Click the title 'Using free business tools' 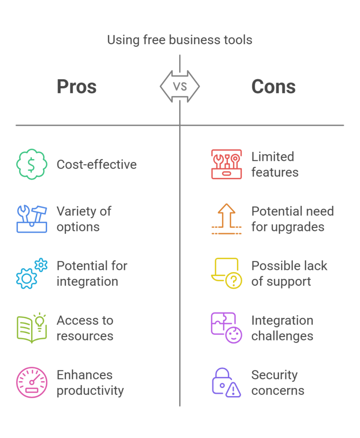click(x=180, y=40)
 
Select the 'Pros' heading click(x=77, y=87)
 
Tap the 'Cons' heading click(x=274, y=87)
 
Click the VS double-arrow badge click(x=180, y=86)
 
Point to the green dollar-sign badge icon click(x=31, y=165)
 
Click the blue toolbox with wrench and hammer click(x=31, y=219)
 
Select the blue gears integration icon click(x=31, y=274)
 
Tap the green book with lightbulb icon click(x=31, y=328)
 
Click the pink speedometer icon click(x=31, y=382)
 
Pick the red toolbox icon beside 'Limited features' click(x=226, y=164)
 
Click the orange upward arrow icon click(x=226, y=219)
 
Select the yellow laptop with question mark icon click(x=226, y=274)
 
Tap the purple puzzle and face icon click(x=226, y=328)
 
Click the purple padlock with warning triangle click(x=226, y=382)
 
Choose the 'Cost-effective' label click(x=97, y=165)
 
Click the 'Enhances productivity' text click(x=90, y=382)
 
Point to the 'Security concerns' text click(x=277, y=382)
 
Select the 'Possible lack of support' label click(x=289, y=273)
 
